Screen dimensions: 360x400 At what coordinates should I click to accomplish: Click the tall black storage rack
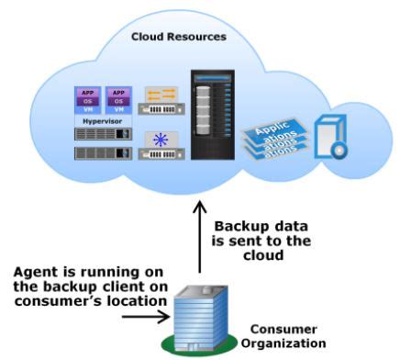(x=213, y=121)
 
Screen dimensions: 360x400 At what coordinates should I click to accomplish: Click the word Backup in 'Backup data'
(x=239, y=226)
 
